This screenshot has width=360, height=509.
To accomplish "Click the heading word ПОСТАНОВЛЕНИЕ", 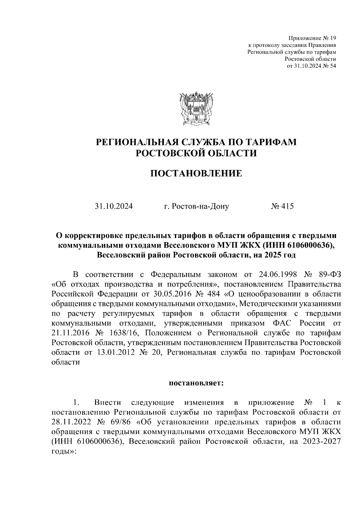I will (x=196, y=174).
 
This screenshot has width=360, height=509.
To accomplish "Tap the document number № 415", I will (x=282, y=206).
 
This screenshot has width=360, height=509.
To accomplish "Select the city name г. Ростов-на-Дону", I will (x=196, y=206).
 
